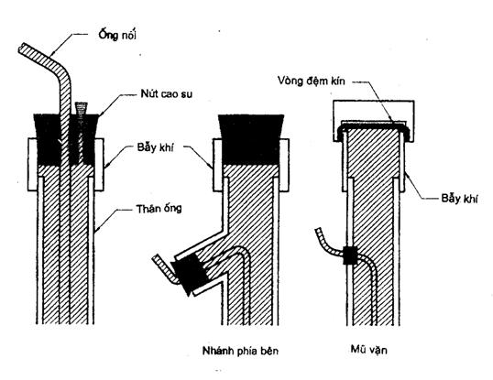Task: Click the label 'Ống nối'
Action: tap(117, 35)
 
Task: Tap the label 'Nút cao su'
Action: tap(167, 94)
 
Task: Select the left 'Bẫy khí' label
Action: tap(155, 147)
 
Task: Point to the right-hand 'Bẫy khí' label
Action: tap(459, 199)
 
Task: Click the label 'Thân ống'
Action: tap(159, 209)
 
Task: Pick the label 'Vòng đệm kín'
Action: tap(312, 81)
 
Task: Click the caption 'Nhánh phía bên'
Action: tap(240, 351)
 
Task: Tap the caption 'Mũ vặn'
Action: tap(368, 350)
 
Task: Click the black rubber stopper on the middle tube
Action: tap(251, 139)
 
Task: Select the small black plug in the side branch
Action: tap(189, 274)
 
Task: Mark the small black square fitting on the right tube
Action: tap(350, 255)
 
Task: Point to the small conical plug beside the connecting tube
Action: tap(81, 108)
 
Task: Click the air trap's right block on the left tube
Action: tap(99, 164)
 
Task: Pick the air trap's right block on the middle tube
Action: tap(284, 165)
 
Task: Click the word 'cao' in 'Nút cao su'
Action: tap(168, 94)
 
